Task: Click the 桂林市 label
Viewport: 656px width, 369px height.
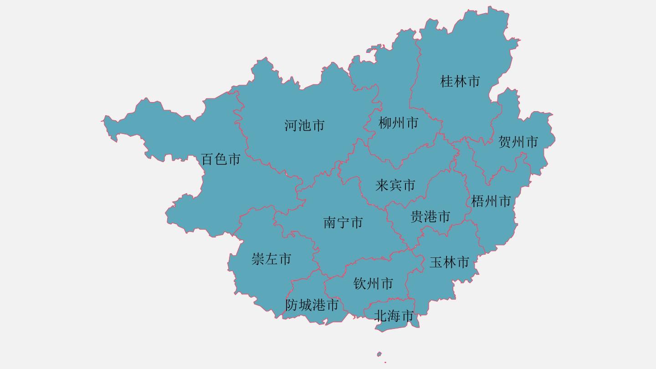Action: [x=460, y=82]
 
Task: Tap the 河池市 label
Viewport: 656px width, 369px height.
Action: [x=304, y=125]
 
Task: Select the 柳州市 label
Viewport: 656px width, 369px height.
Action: [x=398, y=123]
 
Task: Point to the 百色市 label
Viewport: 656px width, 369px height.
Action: [x=220, y=159]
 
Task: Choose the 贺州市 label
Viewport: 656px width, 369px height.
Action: [x=518, y=142]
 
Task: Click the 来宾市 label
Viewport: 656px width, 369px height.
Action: [x=395, y=185]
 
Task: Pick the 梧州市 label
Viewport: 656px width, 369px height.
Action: [x=491, y=201]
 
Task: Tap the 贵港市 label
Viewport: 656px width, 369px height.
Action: [x=430, y=216]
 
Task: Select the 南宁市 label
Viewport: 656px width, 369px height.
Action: [x=343, y=223]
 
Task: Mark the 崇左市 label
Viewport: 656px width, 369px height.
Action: [x=271, y=259]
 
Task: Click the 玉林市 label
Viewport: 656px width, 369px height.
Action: [x=449, y=262]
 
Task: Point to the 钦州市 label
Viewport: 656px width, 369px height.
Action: [x=373, y=284]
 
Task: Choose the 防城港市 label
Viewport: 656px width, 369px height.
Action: [x=312, y=305]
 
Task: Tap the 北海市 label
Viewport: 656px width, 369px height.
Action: [x=394, y=315]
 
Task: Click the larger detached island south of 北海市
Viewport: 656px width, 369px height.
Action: [x=379, y=354]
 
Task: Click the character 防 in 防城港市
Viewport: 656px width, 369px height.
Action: [x=292, y=305]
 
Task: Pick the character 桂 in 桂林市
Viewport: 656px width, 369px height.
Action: [x=447, y=82]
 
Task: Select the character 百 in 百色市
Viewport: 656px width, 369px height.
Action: [x=207, y=159]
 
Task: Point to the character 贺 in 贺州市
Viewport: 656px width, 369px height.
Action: [x=505, y=142]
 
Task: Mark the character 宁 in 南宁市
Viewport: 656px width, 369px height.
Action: [x=343, y=223]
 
